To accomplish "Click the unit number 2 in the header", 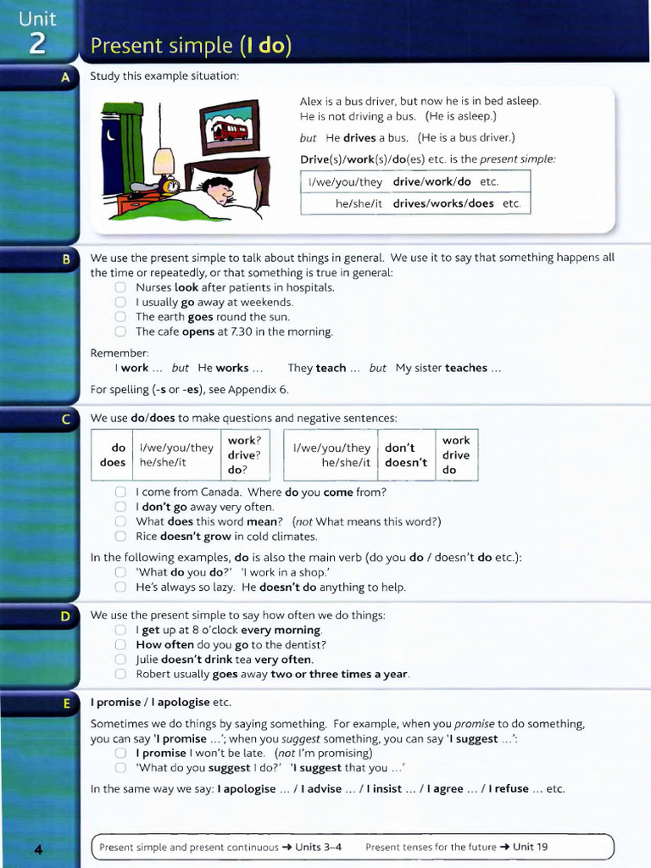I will tap(38, 43).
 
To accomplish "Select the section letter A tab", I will tap(65, 77).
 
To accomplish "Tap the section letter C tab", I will tap(65, 419).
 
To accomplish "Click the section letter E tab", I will tap(65, 703).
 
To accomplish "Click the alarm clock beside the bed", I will tap(170, 186).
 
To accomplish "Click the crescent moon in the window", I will tap(112, 133).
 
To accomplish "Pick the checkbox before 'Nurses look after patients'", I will tap(120, 287).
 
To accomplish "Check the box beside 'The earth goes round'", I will tap(120, 317).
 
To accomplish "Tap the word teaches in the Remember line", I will tap(465, 368).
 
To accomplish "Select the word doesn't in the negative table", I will tap(406, 463).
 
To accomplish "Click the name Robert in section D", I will tap(153, 674).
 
